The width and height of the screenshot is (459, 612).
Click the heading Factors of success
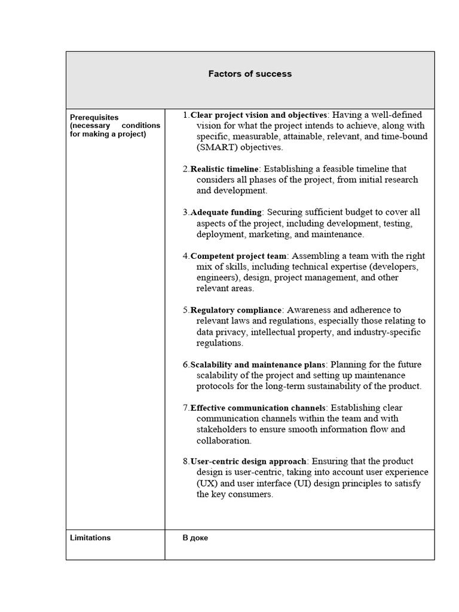point(250,74)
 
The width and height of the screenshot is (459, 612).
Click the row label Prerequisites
point(94,118)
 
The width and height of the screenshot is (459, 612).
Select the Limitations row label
point(90,538)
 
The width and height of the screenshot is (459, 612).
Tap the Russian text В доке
point(195,538)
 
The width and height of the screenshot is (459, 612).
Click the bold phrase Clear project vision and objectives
point(258,115)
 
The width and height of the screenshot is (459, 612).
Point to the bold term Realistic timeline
point(224,169)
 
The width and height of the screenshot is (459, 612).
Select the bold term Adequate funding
point(226,212)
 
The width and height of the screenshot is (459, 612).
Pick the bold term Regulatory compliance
point(235,310)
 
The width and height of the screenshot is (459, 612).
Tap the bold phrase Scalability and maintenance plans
point(258,365)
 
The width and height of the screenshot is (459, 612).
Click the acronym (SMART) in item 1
point(216,148)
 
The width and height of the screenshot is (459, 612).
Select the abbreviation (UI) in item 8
point(304,484)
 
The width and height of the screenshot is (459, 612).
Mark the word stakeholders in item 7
point(222,430)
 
